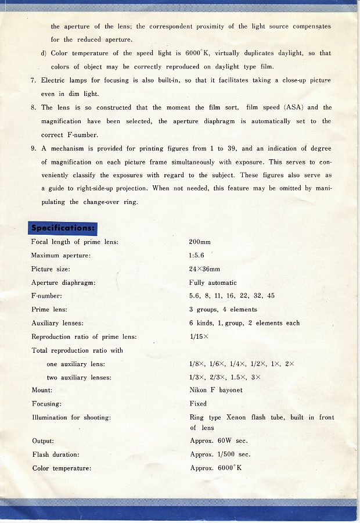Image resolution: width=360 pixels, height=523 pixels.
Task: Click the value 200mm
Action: click(200, 242)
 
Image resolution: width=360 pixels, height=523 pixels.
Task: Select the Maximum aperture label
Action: click(61, 256)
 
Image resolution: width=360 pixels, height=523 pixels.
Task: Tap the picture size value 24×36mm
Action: click(204, 269)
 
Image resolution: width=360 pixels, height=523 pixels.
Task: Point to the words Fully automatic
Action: click(213, 282)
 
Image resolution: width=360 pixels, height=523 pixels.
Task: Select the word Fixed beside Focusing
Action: click(198, 403)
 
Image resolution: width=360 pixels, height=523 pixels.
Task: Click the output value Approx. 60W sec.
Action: click(218, 441)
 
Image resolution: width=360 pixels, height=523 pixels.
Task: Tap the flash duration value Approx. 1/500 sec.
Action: click(220, 454)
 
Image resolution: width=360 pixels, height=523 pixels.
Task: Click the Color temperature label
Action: click(62, 468)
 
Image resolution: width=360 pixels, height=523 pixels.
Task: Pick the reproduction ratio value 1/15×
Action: click(199, 336)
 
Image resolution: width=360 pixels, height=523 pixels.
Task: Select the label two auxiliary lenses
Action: click(79, 377)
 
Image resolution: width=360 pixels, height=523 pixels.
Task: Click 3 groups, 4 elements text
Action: click(223, 310)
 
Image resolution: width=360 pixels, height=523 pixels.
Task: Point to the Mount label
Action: click(41, 390)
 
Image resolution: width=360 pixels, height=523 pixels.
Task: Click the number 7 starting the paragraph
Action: click(33, 80)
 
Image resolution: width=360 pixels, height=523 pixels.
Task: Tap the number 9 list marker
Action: click(33, 148)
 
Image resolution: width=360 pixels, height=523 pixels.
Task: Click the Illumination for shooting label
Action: click(71, 417)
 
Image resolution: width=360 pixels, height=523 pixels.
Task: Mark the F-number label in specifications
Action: click(46, 296)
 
